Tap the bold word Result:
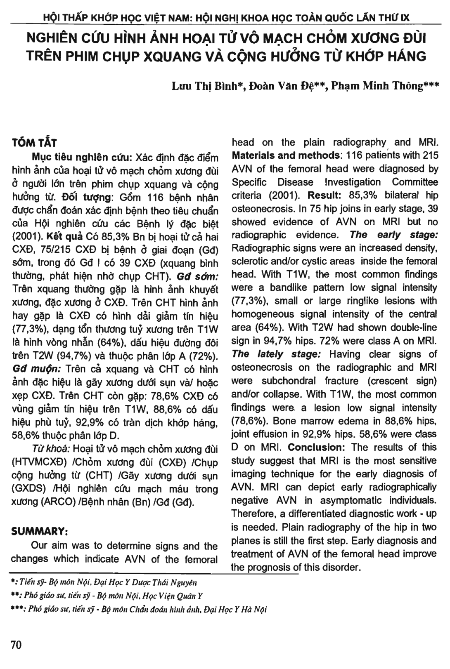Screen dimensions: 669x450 point(324,195)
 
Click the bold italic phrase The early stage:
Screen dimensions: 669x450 point(393,235)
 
